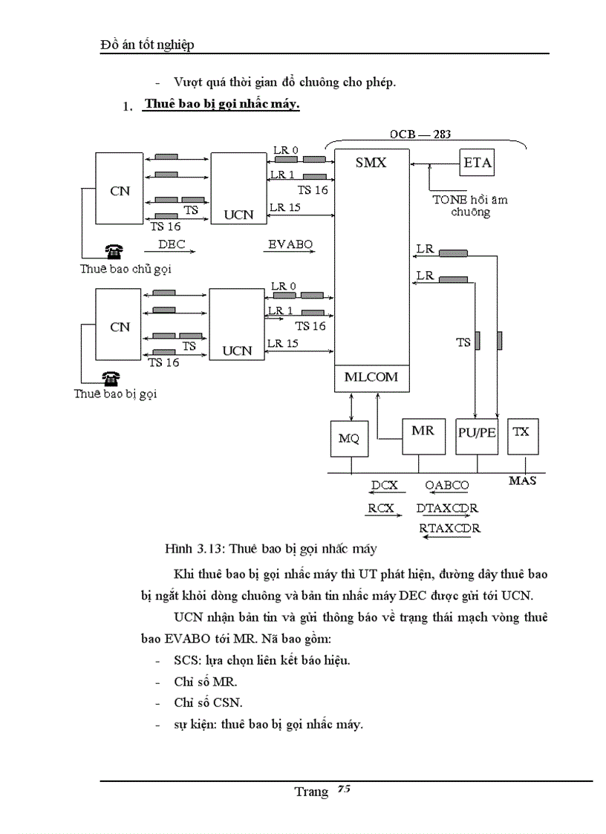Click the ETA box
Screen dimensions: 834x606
477,163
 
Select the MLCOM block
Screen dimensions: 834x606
371,377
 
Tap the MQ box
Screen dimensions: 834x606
348,438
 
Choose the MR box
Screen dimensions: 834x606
423,435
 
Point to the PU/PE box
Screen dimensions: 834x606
476,435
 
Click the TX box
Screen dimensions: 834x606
522,435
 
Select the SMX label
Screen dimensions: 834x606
371,163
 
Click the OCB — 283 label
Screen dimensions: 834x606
421,134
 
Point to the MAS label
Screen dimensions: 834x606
522,481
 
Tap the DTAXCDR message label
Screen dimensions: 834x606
447,509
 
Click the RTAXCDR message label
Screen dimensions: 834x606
449,528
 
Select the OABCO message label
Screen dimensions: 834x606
447,486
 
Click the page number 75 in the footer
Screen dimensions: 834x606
343,789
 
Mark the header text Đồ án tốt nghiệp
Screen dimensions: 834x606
147,45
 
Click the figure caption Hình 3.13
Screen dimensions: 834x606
194,550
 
